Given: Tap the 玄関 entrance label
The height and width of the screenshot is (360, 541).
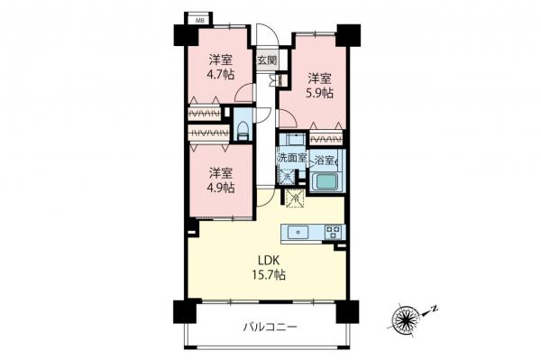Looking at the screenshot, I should (x=267, y=60).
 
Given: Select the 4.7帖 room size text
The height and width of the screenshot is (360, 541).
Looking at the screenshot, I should (x=219, y=76).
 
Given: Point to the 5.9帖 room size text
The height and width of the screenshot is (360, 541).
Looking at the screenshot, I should (x=318, y=92).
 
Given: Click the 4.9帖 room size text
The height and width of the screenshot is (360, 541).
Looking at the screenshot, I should (x=219, y=188).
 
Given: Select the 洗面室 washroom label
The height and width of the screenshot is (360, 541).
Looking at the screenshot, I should (x=291, y=159).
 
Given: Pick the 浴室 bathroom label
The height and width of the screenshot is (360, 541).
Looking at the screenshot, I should (x=325, y=160).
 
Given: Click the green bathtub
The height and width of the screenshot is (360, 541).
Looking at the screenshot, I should (x=326, y=182).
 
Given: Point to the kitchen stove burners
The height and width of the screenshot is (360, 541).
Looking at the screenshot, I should (x=333, y=232).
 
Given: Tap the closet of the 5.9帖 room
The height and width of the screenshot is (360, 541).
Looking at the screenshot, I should (x=325, y=139).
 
